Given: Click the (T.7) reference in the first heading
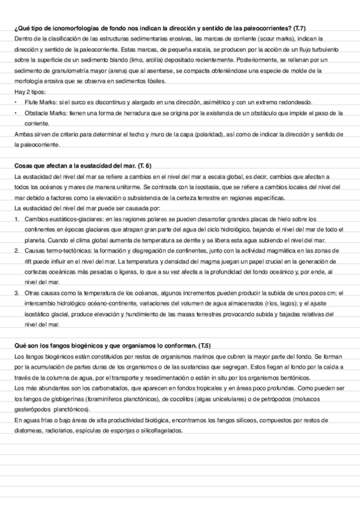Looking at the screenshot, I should pos(296,29).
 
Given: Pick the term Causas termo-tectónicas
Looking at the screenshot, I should pos(56,249).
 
